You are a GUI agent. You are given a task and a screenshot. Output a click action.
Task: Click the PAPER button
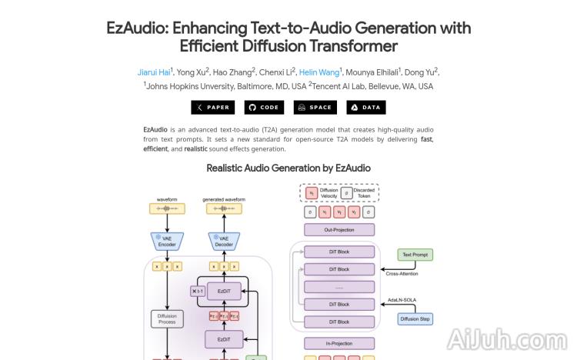click(x=213, y=108)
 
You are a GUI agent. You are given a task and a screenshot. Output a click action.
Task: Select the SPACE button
click(x=315, y=108)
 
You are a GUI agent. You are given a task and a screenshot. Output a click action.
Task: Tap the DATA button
click(x=365, y=108)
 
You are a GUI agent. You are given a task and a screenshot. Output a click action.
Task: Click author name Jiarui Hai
click(x=154, y=72)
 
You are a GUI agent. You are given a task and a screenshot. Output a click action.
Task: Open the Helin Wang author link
click(x=319, y=72)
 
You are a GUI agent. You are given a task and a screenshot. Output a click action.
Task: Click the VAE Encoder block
click(x=167, y=242)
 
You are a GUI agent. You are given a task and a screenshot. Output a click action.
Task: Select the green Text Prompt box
click(x=415, y=255)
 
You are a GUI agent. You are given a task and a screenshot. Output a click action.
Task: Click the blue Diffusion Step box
click(x=415, y=318)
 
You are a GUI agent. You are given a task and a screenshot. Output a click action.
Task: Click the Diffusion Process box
click(x=167, y=318)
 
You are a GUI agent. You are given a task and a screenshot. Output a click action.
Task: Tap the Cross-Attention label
click(x=403, y=273)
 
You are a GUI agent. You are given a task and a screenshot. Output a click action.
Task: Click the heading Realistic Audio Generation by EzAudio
click(x=288, y=168)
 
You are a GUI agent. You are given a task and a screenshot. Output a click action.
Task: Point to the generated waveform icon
click(x=224, y=208)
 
